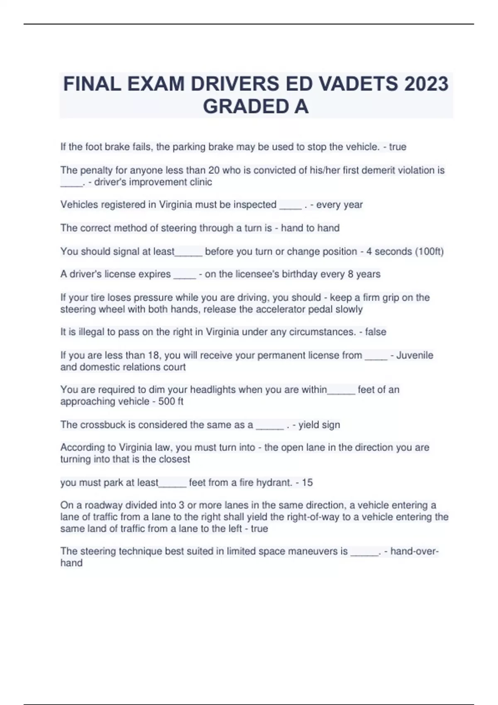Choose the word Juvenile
click(x=415, y=355)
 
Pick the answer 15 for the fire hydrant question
click(x=307, y=482)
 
